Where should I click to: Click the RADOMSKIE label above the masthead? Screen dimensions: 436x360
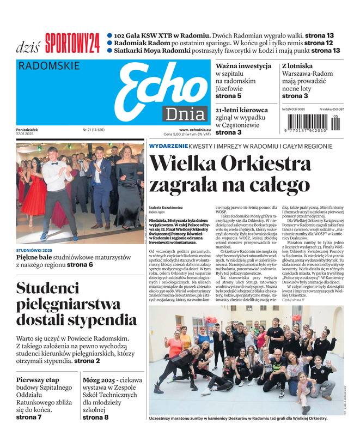(x=49, y=66)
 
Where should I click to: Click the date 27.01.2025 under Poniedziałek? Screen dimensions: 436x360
(x=27, y=135)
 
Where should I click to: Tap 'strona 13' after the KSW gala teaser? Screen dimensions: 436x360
(x=320, y=35)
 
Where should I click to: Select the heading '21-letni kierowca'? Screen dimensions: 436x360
(x=242, y=110)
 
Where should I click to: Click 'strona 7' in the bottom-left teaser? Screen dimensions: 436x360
(x=29, y=417)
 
